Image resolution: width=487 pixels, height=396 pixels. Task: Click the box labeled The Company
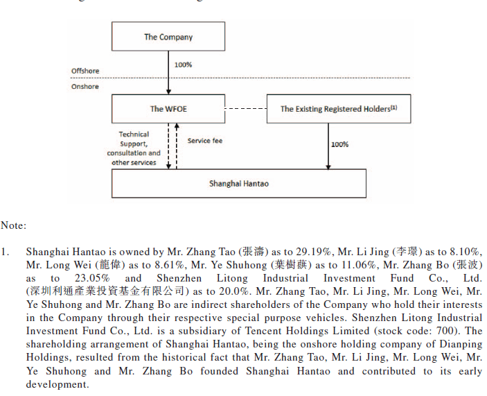click(168, 37)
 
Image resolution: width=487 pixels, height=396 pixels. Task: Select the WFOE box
click(168, 109)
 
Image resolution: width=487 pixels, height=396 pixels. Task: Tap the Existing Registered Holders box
click(338, 109)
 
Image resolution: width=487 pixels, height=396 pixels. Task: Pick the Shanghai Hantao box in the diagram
click(238, 184)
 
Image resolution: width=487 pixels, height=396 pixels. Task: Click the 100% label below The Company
click(183, 64)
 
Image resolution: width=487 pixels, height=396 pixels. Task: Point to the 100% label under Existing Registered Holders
click(339, 144)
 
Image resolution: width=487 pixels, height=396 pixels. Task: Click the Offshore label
click(85, 71)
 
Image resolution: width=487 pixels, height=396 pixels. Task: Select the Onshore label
click(85, 87)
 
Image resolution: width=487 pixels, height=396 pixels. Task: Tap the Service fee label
click(204, 141)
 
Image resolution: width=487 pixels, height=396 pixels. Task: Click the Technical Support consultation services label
click(134, 148)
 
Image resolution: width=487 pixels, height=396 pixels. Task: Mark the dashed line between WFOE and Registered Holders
click(245, 109)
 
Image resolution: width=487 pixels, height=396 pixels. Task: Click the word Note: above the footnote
click(13, 225)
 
